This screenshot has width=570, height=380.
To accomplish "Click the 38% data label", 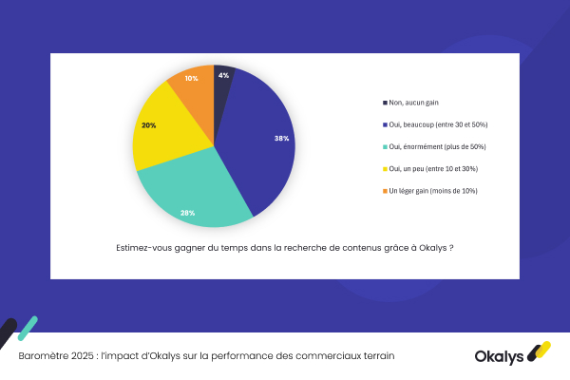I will click(x=281, y=139).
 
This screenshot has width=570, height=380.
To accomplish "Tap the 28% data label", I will click(x=188, y=213).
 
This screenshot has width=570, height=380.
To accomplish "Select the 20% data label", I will click(x=149, y=125).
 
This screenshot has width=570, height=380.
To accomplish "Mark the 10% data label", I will click(x=191, y=78).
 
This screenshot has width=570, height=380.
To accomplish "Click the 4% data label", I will click(x=223, y=74).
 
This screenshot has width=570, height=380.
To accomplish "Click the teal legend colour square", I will click(x=384, y=146).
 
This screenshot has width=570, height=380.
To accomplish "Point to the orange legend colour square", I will click(x=384, y=190).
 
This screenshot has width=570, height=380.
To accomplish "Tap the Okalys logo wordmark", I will click(x=501, y=355).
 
